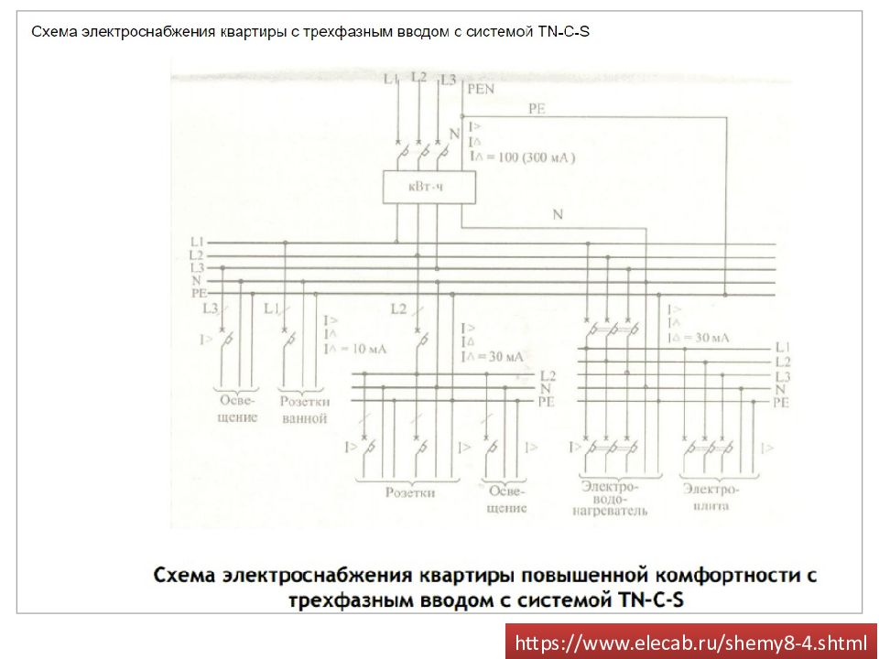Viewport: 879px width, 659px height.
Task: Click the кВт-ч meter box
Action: tap(418, 187)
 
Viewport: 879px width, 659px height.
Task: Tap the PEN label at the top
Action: tap(480, 90)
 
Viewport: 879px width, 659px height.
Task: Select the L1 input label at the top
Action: tap(391, 80)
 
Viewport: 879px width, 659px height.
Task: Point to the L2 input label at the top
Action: tap(418, 78)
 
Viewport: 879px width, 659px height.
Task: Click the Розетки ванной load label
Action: tap(304, 410)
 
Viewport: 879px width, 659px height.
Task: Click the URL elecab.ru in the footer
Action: tap(690, 643)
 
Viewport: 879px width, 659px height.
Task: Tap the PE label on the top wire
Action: tap(537, 109)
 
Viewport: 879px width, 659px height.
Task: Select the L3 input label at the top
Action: tap(448, 81)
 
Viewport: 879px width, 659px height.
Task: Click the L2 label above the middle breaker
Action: tap(398, 308)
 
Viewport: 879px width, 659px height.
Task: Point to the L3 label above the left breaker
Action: tap(211, 308)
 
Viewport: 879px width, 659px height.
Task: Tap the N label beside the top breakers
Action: tap(454, 135)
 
